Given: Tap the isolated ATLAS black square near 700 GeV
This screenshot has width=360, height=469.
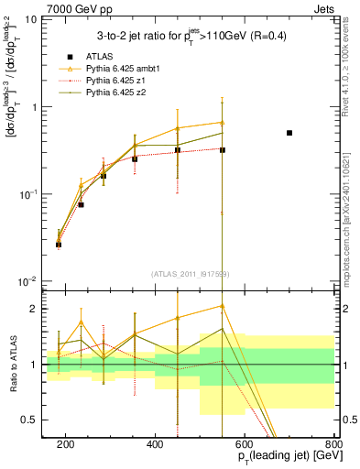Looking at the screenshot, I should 289,133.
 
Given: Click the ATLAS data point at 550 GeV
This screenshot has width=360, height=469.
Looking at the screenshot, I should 223,149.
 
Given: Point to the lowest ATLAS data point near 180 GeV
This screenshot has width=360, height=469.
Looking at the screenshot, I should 59,245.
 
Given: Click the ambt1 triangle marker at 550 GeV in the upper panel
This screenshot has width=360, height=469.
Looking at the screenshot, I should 223,123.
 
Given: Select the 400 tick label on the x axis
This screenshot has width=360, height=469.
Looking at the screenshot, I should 155,445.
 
